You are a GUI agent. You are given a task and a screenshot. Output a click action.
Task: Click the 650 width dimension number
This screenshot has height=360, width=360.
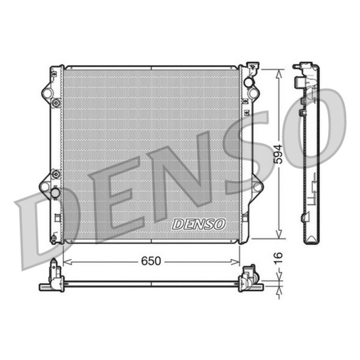click(151, 261)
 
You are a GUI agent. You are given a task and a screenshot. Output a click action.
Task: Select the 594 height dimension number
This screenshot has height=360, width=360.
click(278, 154)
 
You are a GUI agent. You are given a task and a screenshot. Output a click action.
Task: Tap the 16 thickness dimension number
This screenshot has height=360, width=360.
click(278, 257)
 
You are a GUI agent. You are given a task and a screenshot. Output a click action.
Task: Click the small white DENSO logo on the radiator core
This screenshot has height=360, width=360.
click(199, 224)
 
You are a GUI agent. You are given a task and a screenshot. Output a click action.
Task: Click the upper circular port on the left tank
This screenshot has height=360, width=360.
click(48, 94)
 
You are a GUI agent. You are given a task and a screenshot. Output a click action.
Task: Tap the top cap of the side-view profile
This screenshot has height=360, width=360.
click(305, 67)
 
